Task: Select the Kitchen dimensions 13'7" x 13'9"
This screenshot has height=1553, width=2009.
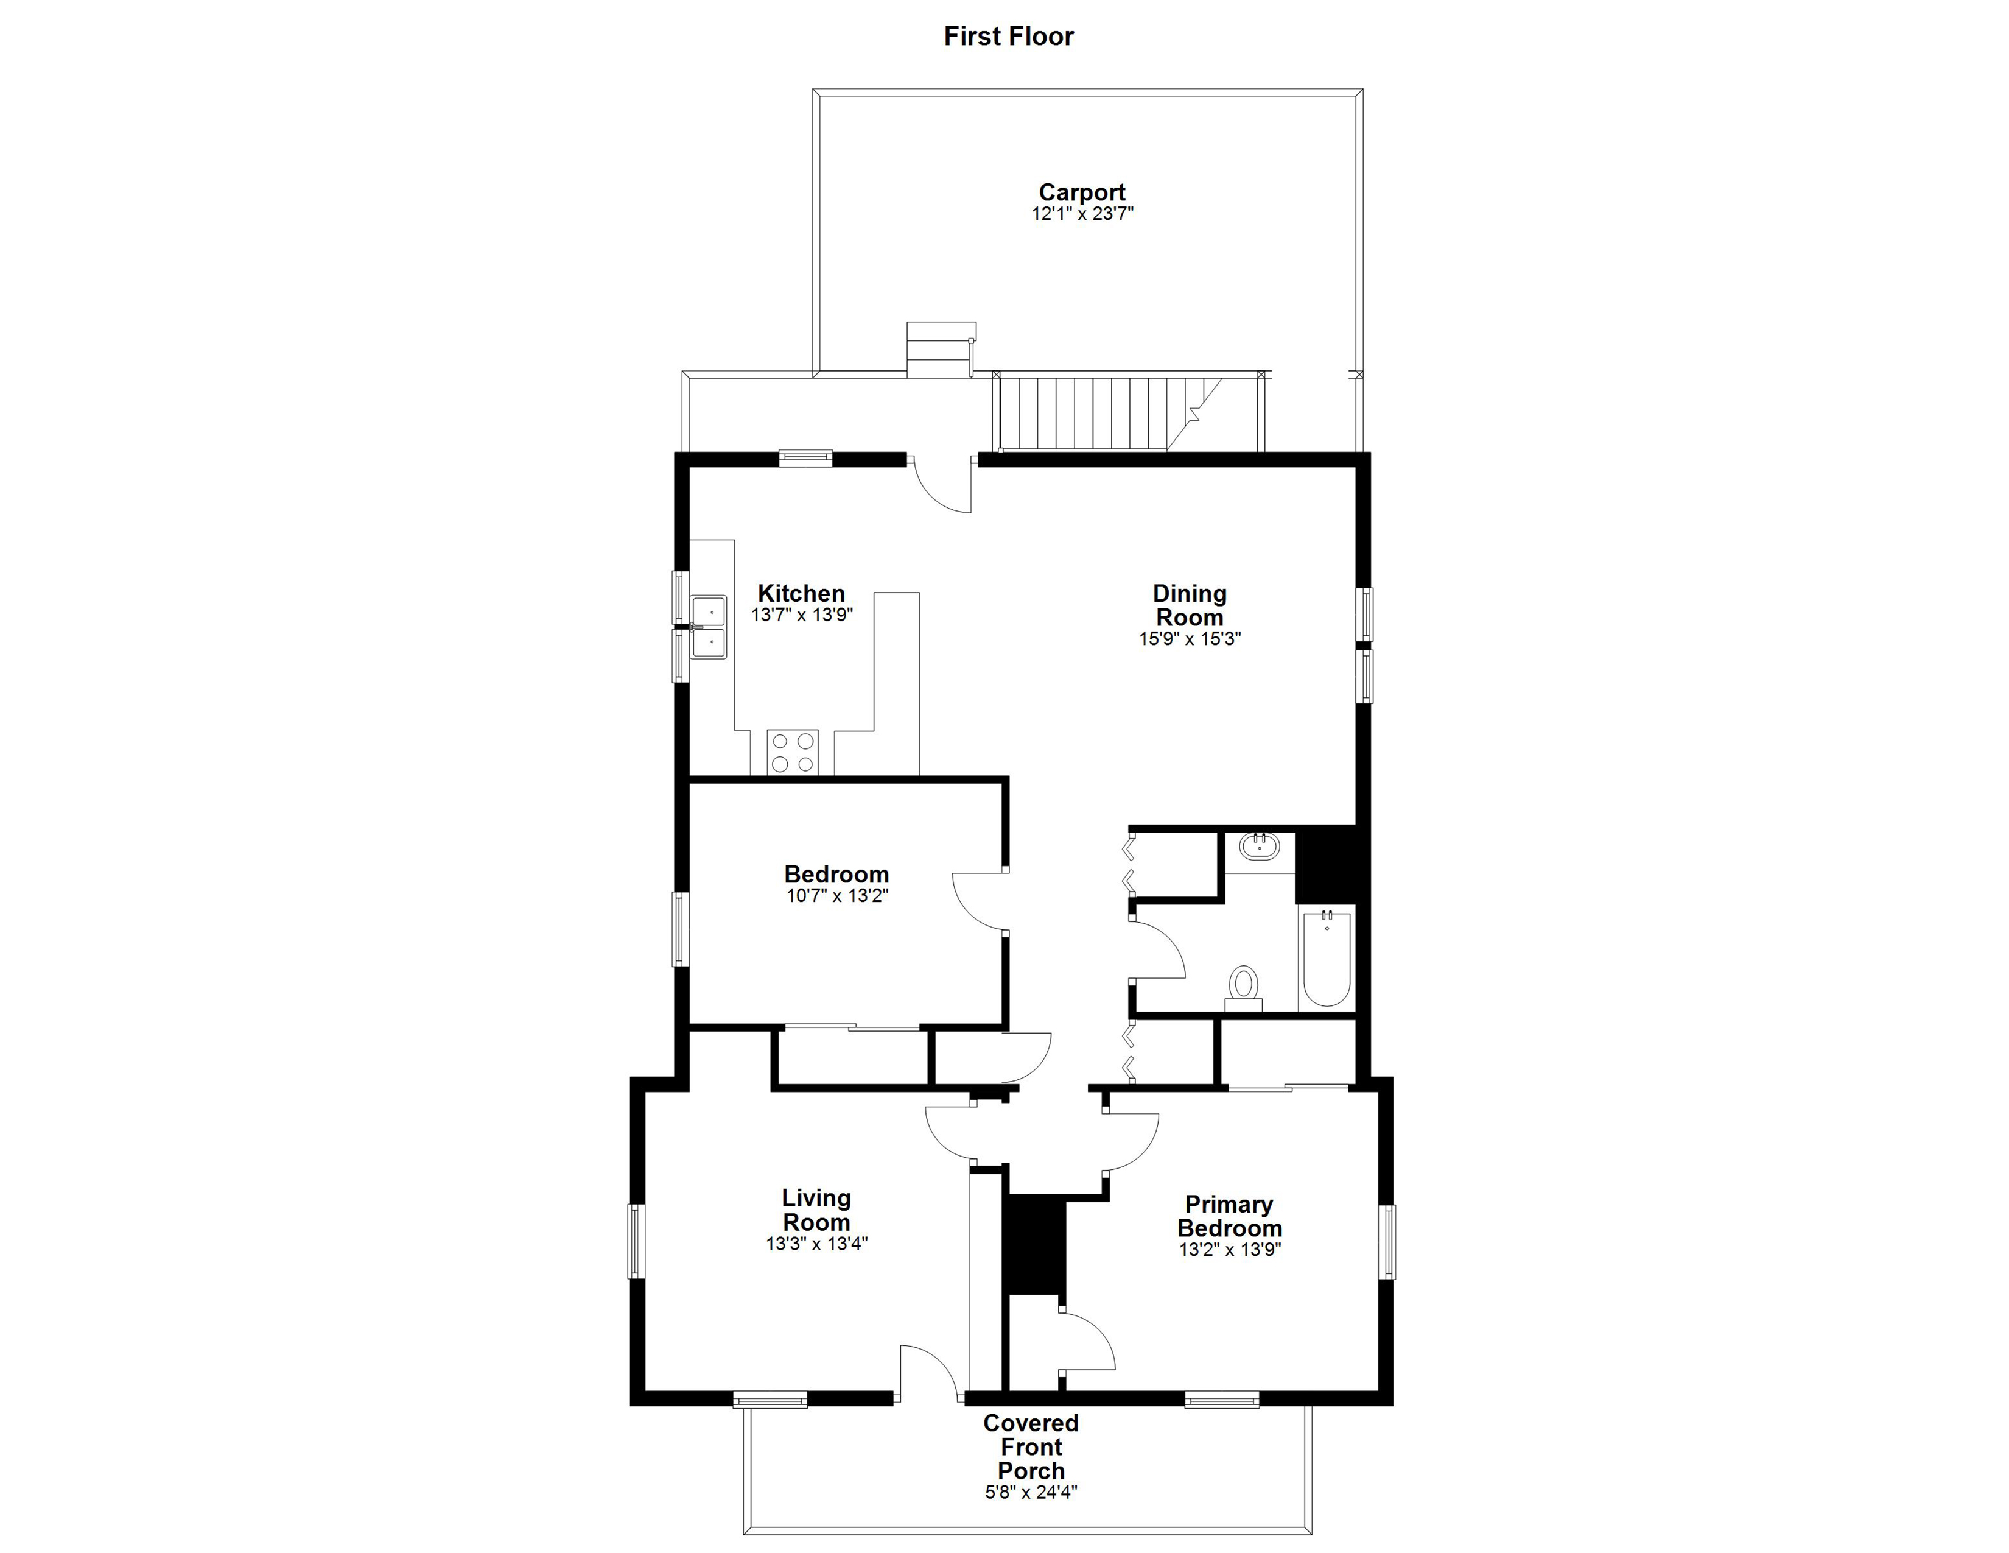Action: [x=802, y=615]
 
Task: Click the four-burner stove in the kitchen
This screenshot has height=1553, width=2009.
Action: [x=793, y=752]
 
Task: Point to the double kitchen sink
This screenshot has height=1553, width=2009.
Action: [x=709, y=627]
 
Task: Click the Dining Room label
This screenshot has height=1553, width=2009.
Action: [x=1190, y=605]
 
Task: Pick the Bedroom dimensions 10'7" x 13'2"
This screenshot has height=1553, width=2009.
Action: [x=837, y=895]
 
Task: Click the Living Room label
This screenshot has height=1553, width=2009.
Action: [x=816, y=1210]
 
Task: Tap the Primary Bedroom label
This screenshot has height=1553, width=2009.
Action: [x=1230, y=1216]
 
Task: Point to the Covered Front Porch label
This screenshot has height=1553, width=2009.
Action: [x=1031, y=1446]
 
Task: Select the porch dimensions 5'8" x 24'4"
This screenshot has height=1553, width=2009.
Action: [x=1031, y=1491]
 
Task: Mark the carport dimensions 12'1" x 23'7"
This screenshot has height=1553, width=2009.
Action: [x=1082, y=213]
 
